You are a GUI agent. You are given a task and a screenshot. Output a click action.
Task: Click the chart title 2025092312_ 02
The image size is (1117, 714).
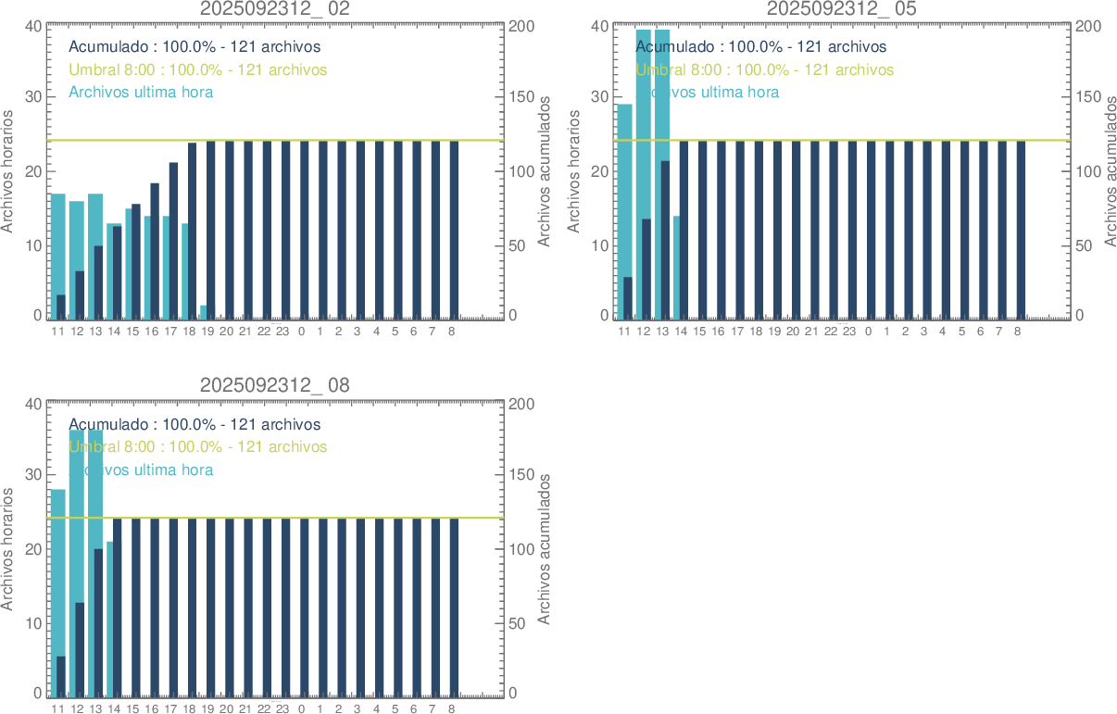[275, 8]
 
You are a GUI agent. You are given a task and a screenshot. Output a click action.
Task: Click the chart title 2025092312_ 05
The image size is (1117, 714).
[842, 8]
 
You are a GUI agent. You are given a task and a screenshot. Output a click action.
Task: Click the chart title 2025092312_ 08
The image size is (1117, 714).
[275, 385]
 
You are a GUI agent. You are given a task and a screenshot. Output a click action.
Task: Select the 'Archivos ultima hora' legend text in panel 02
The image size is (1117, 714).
[141, 93]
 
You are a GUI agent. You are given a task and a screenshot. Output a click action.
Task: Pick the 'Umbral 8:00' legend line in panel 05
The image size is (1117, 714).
[764, 69]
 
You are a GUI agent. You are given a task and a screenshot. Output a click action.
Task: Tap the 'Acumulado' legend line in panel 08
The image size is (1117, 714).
[195, 425]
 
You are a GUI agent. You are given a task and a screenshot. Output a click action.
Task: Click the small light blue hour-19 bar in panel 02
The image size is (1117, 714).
[203, 312]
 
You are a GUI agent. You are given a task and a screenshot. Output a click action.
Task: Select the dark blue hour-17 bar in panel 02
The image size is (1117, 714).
[173, 241]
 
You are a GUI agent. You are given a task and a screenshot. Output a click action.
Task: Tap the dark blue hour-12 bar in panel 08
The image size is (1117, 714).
[80, 648]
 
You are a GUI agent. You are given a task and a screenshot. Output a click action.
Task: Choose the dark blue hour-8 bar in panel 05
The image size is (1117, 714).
[1021, 230]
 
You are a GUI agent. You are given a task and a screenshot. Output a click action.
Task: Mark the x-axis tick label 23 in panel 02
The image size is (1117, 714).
[282, 332]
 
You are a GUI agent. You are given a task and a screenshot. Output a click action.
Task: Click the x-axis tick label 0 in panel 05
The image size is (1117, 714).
[868, 332]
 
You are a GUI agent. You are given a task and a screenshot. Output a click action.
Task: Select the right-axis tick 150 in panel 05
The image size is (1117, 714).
[1088, 97]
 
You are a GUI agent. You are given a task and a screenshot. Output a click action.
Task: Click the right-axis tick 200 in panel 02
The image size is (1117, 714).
[521, 26]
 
